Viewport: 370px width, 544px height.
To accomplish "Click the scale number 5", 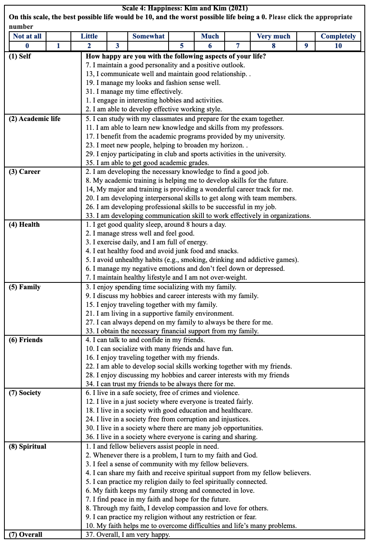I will tap(182, 46).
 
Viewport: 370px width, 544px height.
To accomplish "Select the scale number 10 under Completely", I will tap(338, 46).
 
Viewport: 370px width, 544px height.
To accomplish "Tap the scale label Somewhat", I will tap(149, 36).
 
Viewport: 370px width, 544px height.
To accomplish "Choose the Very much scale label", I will tap(273, 36).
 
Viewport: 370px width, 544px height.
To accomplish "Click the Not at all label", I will tap(27, 36).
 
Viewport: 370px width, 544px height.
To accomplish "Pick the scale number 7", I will tap(238, 46).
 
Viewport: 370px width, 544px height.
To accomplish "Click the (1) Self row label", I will tap(20, 56).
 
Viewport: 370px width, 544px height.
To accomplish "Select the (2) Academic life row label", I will tap(34, 119).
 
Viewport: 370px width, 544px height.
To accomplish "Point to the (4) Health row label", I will tap(24, 225).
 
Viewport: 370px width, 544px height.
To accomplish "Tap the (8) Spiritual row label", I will tap(27, 447).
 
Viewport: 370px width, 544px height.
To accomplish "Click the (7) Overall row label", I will tap(25, 535).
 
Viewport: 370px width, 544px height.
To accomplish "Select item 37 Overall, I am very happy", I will tap(128, 535).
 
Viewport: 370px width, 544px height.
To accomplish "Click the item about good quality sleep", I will tap(156, 225).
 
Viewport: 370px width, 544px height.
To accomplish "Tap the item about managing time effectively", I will tap(134, 92).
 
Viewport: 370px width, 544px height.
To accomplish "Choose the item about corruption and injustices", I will tap(168, 419).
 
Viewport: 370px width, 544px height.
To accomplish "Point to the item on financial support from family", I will tap(172, 331).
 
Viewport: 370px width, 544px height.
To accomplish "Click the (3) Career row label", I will tap(24, 172).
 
